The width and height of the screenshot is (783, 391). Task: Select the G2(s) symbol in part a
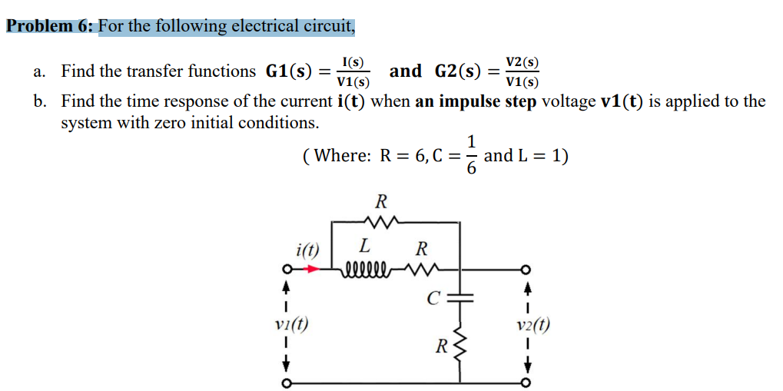pyautogui.click(x=458, y=72)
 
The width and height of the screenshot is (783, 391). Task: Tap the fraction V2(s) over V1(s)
pyautogui.click(x=522, y=72)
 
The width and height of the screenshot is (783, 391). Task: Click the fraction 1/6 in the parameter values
pyautogui.click(x=471, y=156)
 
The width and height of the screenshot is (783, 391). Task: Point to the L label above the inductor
pyautogui.click(x=365, y=247)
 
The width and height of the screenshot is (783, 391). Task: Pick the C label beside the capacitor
pyautogui.click(x=434, y=297)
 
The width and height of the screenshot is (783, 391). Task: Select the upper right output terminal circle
pyautogui.click(x=526, y=270)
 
